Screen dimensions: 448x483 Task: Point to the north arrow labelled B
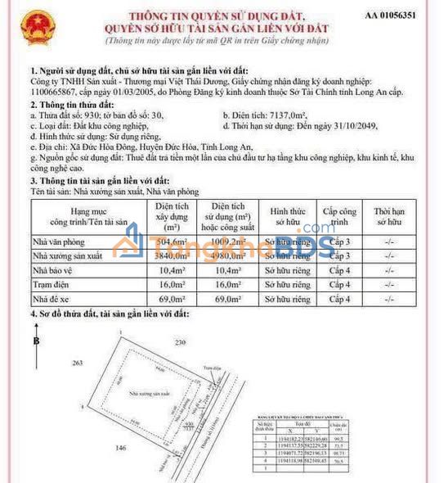[x=35, y=341]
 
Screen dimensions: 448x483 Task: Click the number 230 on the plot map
[x=180, y=341]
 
